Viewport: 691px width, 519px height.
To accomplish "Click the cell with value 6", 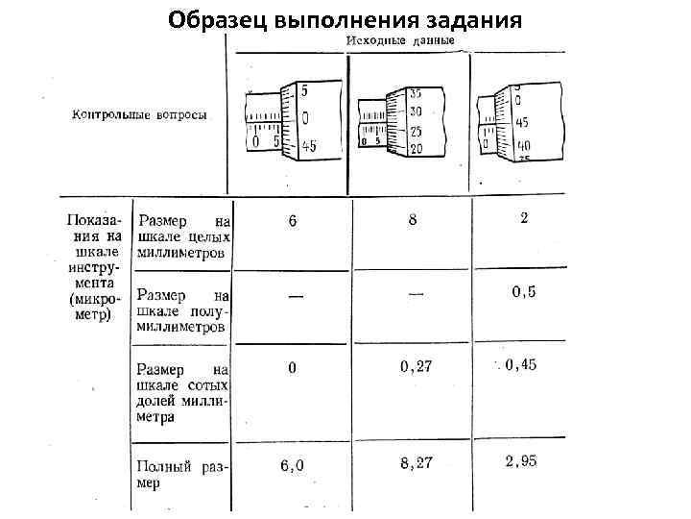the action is tap(293, 221).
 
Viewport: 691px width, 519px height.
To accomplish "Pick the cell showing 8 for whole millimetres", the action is tap(413, 219).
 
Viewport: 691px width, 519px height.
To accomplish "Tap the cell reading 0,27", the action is tap(416, 366).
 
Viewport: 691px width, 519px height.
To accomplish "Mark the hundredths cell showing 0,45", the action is tap(520, 364).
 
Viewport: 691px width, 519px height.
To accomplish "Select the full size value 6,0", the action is tap(292, 466).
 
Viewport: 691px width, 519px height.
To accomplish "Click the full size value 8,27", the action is tap(417, 463).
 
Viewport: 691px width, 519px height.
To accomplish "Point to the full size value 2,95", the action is tap(521, 462).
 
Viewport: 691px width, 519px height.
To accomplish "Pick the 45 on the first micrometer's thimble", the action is tap(307, 146).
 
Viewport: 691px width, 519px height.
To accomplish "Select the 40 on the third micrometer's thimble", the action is tap(523, 145).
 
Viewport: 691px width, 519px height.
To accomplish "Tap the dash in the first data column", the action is tap(295, 296).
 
